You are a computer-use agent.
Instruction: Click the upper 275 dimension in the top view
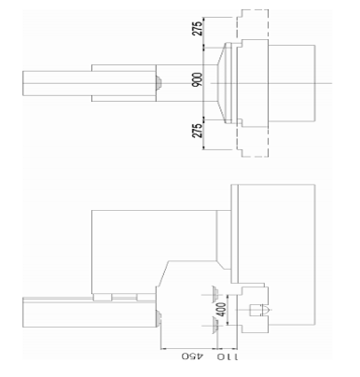[x=199, y=28]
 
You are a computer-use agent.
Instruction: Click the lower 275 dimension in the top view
[x=199, y=131]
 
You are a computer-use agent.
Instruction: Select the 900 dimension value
[x=198, y=79]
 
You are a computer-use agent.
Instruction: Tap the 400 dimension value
[x=221, y=310]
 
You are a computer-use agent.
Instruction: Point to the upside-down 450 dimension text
[x=192, y=356]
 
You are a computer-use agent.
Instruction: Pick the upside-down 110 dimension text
[x=227, y=356]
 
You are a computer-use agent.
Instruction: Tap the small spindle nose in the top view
[x=159, y=83]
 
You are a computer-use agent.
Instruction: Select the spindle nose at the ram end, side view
[x=159, y=319]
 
